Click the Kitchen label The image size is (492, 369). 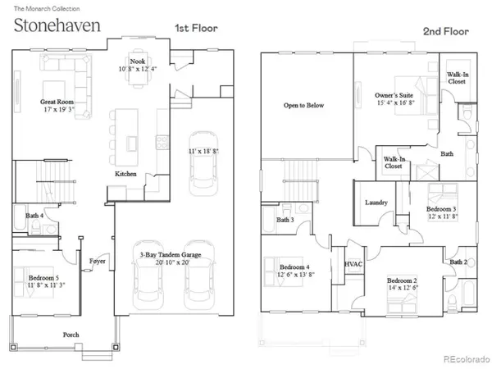click(x=125, y=174)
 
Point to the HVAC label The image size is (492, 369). click(x=353, y=264)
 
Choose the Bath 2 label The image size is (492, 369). click(x=458, y=262)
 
